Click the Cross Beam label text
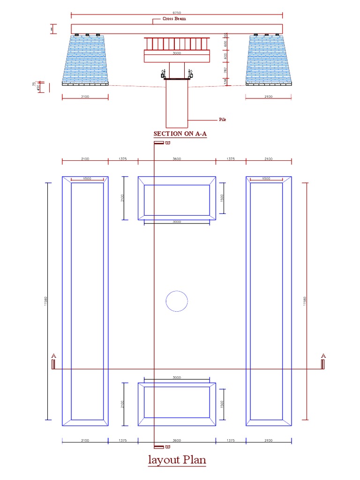[x=174, y=19]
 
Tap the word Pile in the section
[x=222, y=120]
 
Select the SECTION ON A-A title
[x=180, y=134]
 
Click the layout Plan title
[x=177, y=459]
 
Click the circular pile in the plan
[x=177, y=301]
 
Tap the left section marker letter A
[x=53, y=356]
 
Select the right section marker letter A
[x=323, y=356]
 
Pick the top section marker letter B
[x=167, y=143]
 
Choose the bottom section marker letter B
[x=167, y=447]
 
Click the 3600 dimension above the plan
[x=177, y=159]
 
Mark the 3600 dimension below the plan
[x=177, y=441]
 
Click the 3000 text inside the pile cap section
[x=177, y=53]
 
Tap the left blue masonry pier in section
[x=85, y=59]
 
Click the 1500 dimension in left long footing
[x=87, y=179]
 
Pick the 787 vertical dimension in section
[x=225, y=71]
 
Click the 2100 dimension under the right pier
[x=268, y=97]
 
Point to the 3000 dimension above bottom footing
[x=177, y=377]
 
